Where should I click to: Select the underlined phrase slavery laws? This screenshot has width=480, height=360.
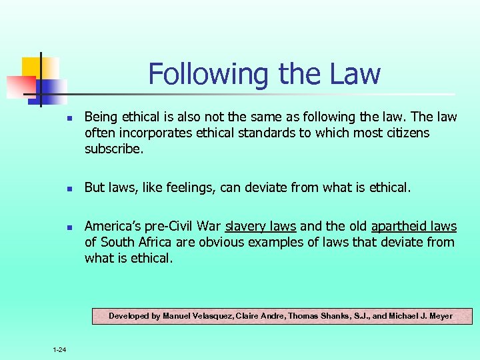click(x=261, y=227)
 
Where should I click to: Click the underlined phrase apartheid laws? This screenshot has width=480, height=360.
click(x=414, y=227)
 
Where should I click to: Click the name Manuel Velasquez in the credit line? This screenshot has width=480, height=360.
click(x=199, y=315)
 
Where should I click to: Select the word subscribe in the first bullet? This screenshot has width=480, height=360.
click(x=112, y=149)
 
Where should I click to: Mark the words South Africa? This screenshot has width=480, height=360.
click(x=132, y=242)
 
